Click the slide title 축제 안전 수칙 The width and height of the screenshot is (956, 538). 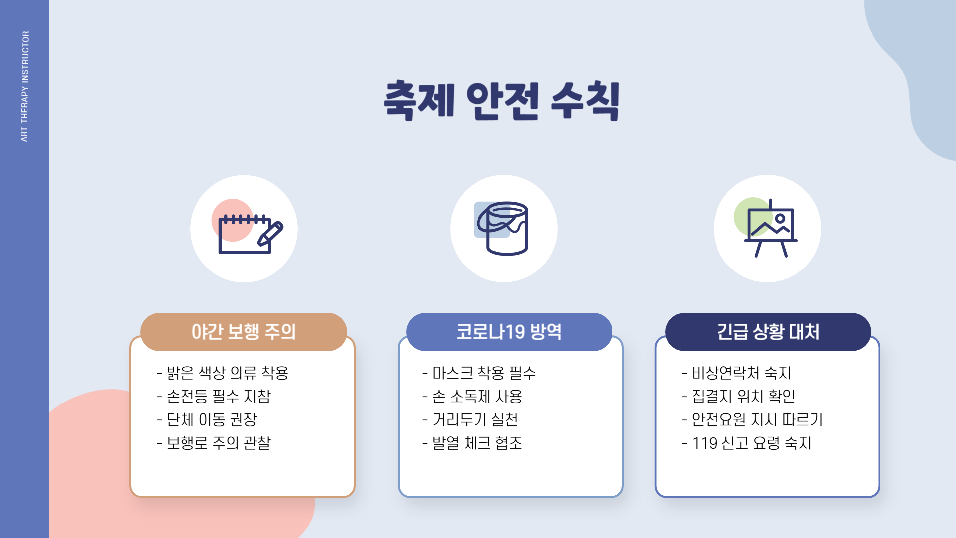coord(502,101)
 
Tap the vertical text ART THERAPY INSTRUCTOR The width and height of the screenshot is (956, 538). coord(25,87)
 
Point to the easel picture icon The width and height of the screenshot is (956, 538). coord(770,229)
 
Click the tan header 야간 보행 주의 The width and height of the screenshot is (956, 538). coord(243,332)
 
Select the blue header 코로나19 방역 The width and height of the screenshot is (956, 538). coord(509,332)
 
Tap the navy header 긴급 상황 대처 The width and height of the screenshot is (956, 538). coord(768,332)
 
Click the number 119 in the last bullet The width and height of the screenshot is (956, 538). coord(705,443)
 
